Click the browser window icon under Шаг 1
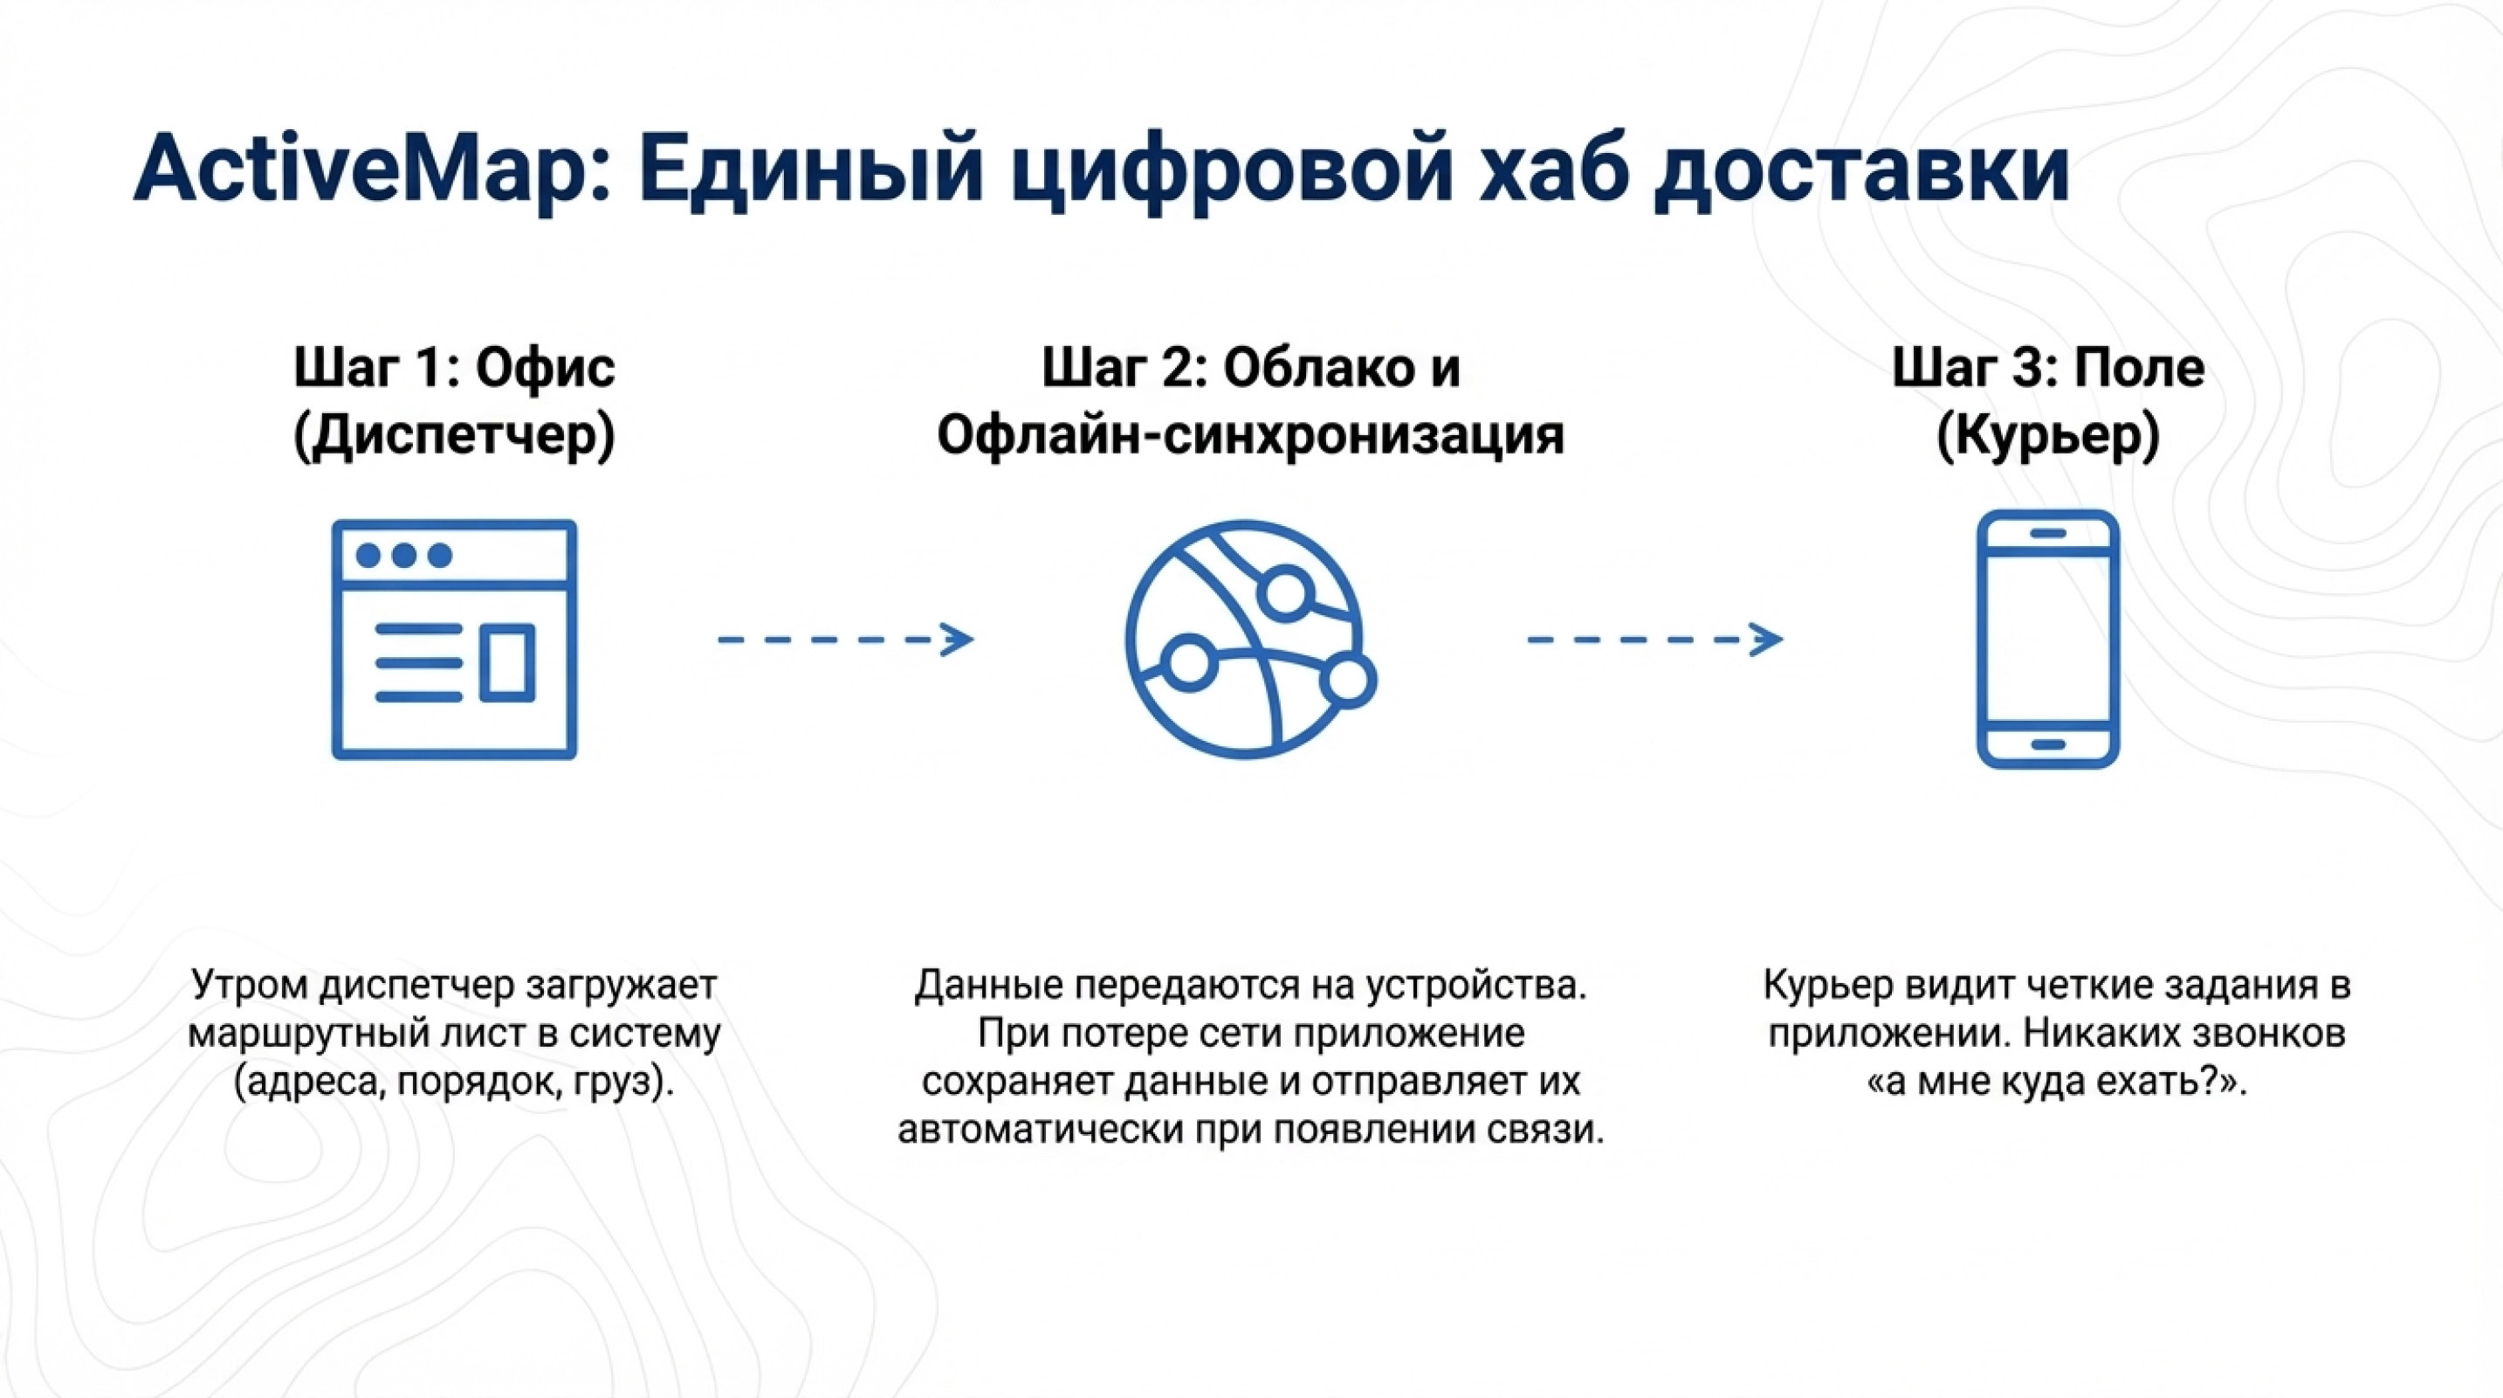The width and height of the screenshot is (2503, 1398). [x=454, y=639]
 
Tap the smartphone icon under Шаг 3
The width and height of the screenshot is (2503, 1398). [x=2047, y=639]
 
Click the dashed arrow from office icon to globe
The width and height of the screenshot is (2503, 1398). [x=845, y=639]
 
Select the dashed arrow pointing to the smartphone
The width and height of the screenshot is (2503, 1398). [x=1654, y=639]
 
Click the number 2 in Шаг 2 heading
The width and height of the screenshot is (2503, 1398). [x=1186, y=369]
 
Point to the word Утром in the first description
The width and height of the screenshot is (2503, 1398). [x=252, y=985]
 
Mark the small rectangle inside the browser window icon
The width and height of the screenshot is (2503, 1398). [x=507, y=663]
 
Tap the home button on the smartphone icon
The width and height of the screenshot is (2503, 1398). [x=2047, y=744]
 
